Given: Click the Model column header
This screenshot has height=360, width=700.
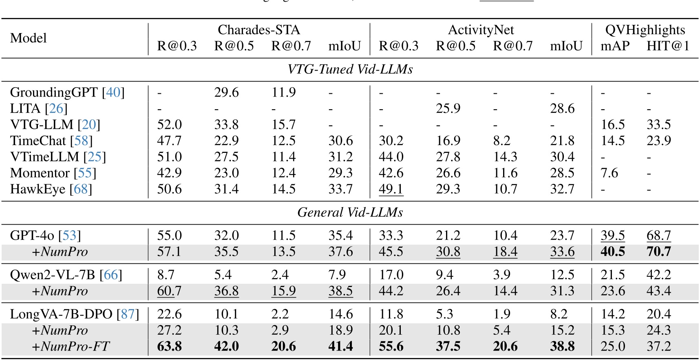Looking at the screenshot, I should pyautogui.click(x=28, y=38).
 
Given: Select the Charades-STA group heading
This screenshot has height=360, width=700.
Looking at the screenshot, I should pyautogui.click(x=258, y=30).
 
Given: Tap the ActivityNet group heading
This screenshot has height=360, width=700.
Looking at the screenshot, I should pyautogui.click(x=481, y=30).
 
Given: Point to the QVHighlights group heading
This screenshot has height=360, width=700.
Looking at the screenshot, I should pyautogui.click(x=645, y=30).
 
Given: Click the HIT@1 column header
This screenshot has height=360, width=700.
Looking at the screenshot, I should pyautogui.click(x=668, y=46).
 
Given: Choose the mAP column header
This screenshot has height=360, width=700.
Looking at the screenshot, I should pyautogui.click(x=615, y=46).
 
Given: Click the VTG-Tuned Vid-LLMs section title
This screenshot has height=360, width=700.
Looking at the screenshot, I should pyautogui.click(x=350, y=69).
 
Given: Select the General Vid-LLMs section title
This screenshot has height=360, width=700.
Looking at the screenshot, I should pyautogui.click(x=350, y=212).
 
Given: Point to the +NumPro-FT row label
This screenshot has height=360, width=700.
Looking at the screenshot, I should pyautogui.click(x=71, y=347).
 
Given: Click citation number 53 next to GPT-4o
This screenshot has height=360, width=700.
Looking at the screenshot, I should pyautogui.click(x=69, y=236).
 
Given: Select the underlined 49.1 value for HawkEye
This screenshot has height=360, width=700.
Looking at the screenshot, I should pyautogui.click(x=391, y=189).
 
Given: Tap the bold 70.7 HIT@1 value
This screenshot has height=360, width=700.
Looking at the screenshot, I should pyautogui.click(x=658, y=252).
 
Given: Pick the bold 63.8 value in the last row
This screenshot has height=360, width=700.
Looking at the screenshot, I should pyautogui.click(x=169, y=347).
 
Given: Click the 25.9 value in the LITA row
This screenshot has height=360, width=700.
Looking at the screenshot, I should pyautogui.click(x=448, y=108).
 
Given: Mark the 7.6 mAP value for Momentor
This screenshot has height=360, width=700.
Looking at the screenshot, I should pyautogui.click(x=609, y=173).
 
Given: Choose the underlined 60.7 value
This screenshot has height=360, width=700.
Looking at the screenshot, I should pyautogui.click(x=169, y=291).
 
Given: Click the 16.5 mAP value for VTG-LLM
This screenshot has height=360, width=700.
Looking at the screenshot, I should pyautogui.click(x=612, y=125).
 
